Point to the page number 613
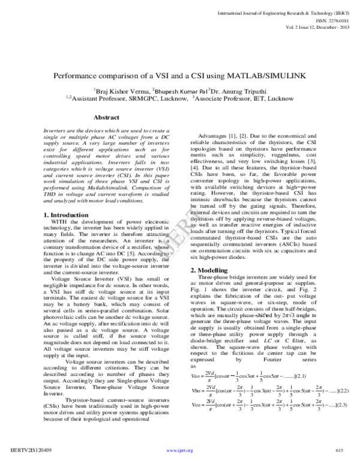338,450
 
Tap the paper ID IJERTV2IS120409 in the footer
31,450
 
